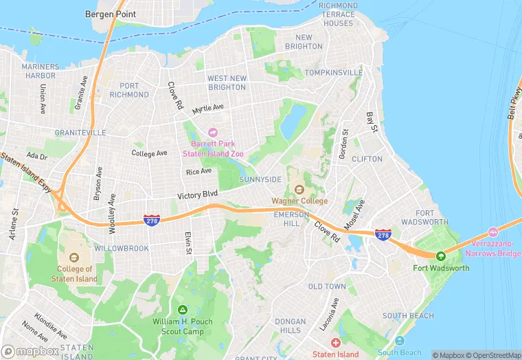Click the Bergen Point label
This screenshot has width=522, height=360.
[110, 14]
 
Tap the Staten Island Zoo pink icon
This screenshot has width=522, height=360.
[212, 132]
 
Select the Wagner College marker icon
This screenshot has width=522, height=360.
[299, 189]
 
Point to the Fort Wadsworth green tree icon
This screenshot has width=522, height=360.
[441, 256]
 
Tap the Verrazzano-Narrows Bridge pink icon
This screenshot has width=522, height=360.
[492, 232]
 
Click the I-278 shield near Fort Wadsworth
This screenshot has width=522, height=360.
[383, 235]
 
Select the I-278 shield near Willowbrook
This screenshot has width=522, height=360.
[152, 220]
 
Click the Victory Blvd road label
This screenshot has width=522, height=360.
[197, 196]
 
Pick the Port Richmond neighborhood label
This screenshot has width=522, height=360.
[128, 91]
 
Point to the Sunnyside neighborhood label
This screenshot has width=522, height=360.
[260, 179]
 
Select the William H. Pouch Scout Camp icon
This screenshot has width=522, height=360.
[182, 310]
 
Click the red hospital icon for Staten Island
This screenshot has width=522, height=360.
[335, 342]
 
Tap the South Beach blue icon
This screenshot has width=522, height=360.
[400, 341]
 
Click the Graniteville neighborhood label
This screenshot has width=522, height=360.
[81, 132]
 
